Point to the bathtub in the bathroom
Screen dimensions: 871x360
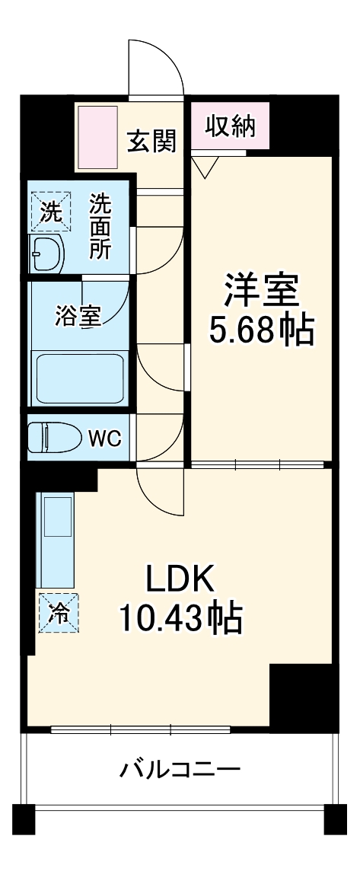80,378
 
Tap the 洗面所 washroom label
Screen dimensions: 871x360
100,227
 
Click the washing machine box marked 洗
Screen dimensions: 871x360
50,211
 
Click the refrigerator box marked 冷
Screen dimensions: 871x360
59,612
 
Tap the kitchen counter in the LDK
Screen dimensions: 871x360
58,541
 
